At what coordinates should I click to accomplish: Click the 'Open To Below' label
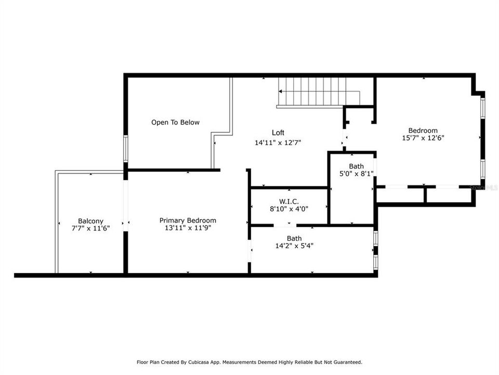pos(175,122)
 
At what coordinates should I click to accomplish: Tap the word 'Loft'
pos(278,133)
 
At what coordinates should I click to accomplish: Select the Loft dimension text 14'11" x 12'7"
pos(278,142)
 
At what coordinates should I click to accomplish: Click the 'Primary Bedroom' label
pos(188,220)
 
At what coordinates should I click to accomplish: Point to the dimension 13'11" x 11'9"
pos(188,228)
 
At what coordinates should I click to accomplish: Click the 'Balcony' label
pos(90,221)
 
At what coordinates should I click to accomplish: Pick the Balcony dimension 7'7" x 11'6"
pos(90,228)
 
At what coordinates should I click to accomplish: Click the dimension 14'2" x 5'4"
pos(294,246)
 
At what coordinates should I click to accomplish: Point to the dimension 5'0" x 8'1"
pos(356,173)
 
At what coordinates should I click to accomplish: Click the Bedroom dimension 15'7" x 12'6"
pos(423,138)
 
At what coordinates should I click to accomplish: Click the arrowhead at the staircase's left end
pos(281,91)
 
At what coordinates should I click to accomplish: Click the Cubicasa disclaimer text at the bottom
pos(249,362)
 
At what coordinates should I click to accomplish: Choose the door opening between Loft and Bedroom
pos(344,140)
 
